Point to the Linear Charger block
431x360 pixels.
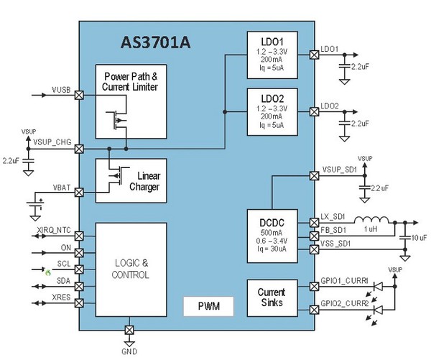[131, 180]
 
